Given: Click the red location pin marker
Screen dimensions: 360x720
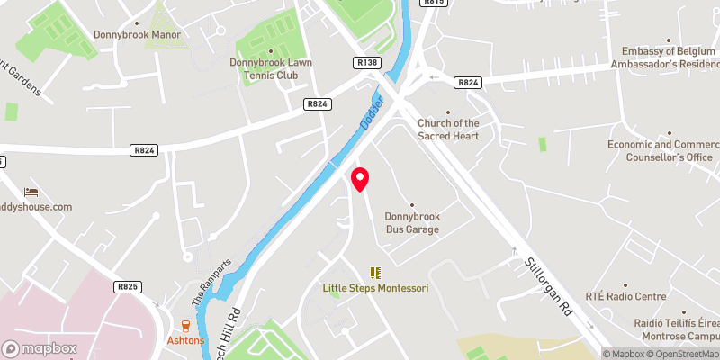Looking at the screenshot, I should tap(360, 179).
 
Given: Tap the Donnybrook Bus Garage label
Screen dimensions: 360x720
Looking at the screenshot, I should tap(412, 223).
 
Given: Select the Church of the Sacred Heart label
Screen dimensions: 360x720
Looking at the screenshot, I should tap(447, 130).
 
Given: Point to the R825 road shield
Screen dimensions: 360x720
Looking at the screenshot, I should tap(128, 286).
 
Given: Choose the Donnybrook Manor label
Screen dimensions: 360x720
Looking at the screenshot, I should tap(137, 35).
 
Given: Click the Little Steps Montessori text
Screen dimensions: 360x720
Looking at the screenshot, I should tap(375, 288).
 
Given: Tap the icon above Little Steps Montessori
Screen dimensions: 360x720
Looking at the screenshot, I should tap(375, 272).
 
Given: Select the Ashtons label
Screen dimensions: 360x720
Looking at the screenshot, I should tap(186, 341).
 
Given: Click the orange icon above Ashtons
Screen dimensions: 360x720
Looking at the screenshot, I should tap(186, 326).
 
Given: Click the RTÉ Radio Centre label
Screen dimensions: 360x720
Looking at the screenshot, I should tap(625, 296).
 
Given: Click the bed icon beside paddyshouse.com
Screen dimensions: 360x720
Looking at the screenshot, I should tap(31, 192).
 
